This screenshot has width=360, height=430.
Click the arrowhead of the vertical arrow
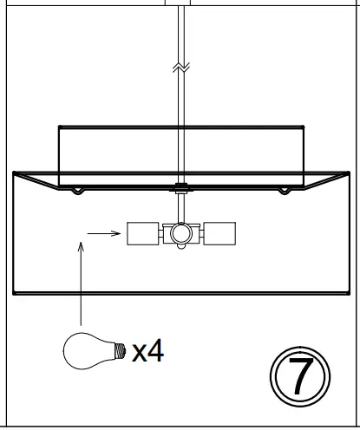click(x=81, y=245)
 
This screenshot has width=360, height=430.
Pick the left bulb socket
click(x=142, y=232)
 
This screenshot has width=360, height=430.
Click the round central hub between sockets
click(x=180, y=232)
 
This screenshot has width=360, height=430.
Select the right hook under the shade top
click(x=284, y=190)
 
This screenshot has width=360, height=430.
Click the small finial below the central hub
click(x=180, y=247)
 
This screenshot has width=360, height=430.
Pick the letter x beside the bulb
click(x=139, y=353)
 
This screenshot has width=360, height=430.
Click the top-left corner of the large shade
click(x=14, y=173)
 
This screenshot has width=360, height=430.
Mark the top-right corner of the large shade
click(x=347, y=173)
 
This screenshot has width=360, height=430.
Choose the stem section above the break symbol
click(x=181, y=30)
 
